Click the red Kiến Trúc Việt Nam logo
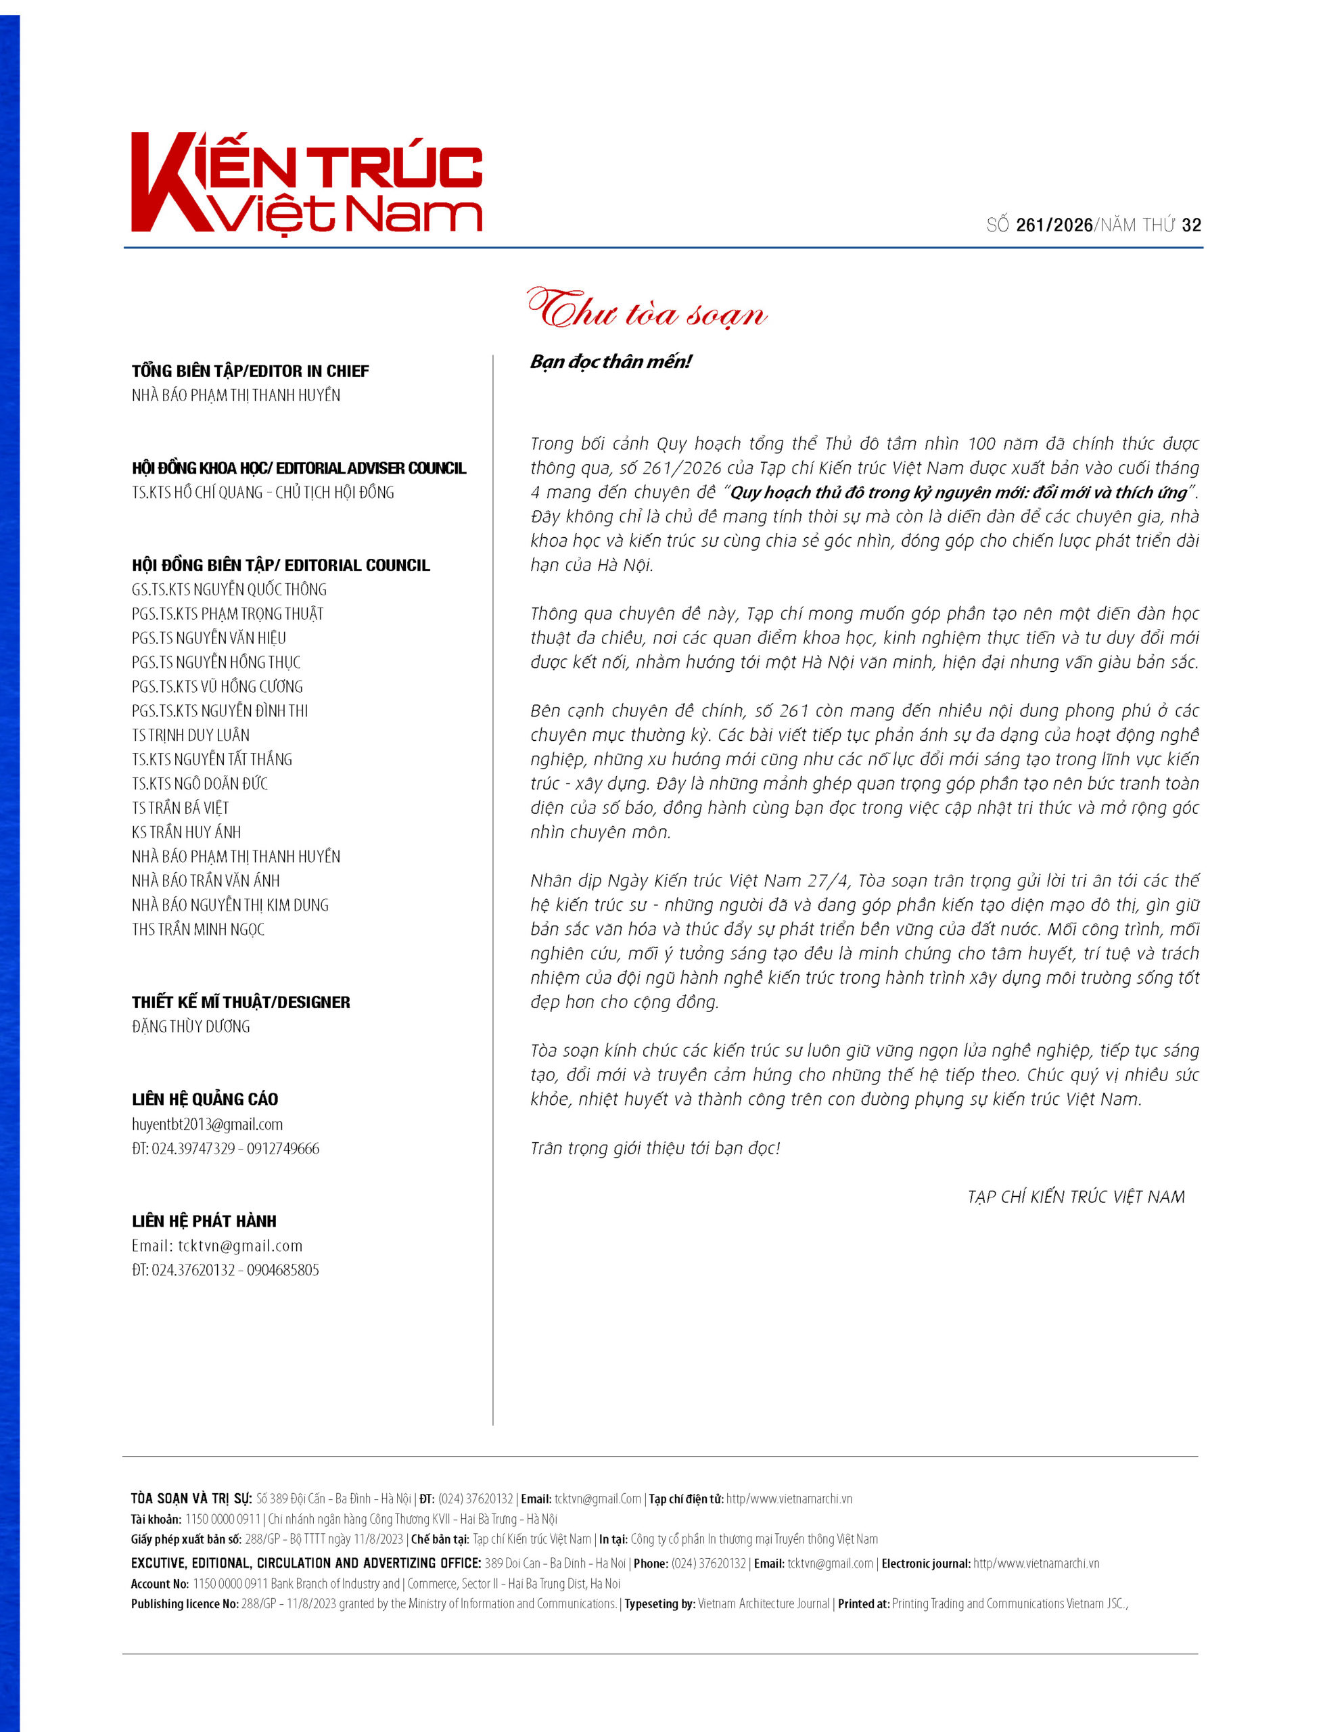(x=306, y=183)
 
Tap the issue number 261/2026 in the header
(x=1054, y=225)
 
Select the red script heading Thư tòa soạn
(x=647, y=311)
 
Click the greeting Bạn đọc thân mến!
(x=611, y=362)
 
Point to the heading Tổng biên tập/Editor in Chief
(x=250, y=371)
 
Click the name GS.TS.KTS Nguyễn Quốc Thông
(x=229, y=590)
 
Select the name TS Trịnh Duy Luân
(x=190, y=735)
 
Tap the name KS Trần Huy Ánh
(x=186, y=832)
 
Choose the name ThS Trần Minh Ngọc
(x=198, y=929)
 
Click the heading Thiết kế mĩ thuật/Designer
(x=241, y=1003)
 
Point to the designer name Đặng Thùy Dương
(x=190, y=1027)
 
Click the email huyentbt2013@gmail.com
(x=207, y=1124)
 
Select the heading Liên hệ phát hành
(x=204, y=1222)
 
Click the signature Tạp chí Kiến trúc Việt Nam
(x=1076, y=1198)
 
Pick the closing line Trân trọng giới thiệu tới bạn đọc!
(x=655, y=1148)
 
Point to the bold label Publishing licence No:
(x=185, y=1603)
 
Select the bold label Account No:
(x=160, y=1584)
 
